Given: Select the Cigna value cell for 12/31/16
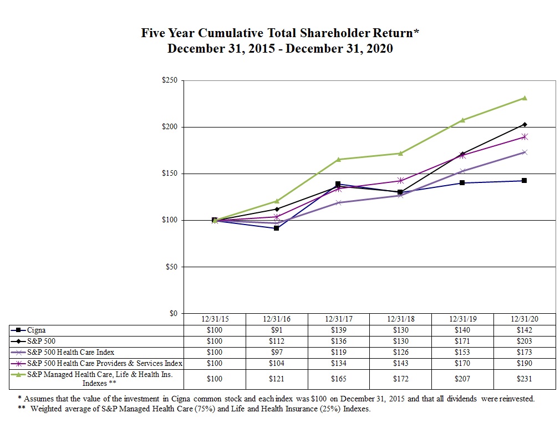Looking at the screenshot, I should click(x=276, y=330).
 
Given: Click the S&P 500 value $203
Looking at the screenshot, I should click(x=524, y=341).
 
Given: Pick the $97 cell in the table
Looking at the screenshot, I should click(x=276, y=352).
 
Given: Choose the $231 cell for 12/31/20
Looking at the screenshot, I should click(x=524, y=379).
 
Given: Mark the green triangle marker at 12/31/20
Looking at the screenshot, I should click(x=524, y=98).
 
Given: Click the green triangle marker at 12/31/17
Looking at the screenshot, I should click(x=338, y=160).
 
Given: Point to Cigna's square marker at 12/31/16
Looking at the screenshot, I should click(x=276, y=228).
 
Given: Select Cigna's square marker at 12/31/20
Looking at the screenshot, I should click(x=524, y=181).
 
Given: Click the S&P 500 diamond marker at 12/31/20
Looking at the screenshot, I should click(x=524, y=124).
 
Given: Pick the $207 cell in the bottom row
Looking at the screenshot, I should click(x=462, y=379).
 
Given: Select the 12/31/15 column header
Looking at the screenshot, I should click(x=213, y=319).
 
